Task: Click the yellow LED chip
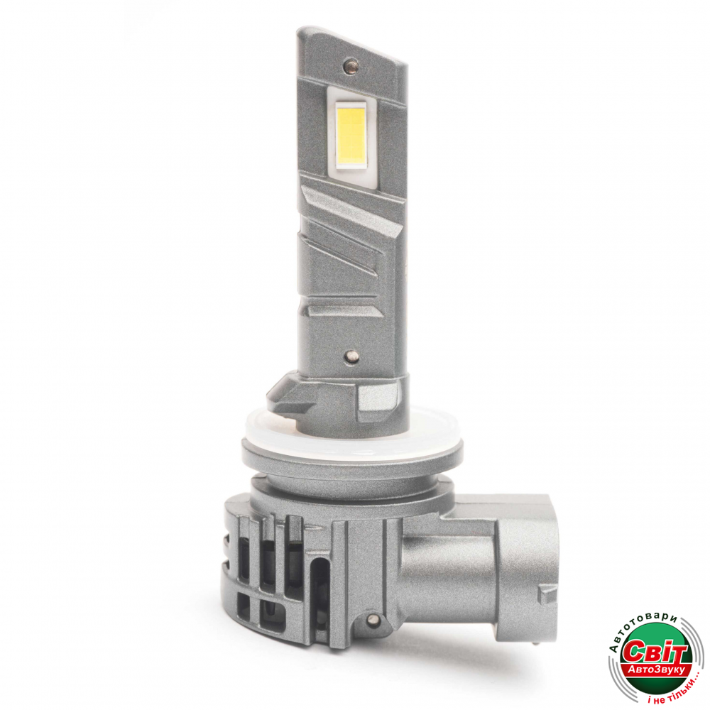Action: [x=351, y=135]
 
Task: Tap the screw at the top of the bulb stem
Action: [x=350, y=65]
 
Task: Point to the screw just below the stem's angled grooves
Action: [x=351, y=356]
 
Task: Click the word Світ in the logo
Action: [x=655, y=652]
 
